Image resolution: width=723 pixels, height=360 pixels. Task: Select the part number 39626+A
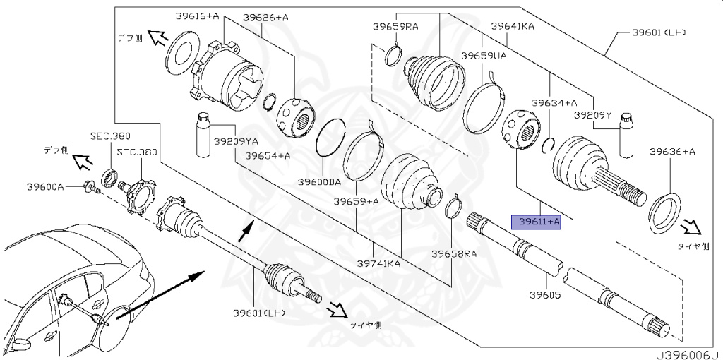tap(265, 17)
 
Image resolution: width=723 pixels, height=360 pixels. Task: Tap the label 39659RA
tap(395, 27)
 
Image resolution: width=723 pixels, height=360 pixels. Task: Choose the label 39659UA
tap(484, 54)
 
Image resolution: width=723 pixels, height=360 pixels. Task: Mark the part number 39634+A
tap(554, 102)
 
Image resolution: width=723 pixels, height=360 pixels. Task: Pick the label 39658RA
tap(455, 253)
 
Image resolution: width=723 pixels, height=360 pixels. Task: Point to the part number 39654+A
tap(268, 155)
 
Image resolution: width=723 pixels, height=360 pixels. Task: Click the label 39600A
tap(46, 186)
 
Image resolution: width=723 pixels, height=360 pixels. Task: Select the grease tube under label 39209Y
tap(624, 136)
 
